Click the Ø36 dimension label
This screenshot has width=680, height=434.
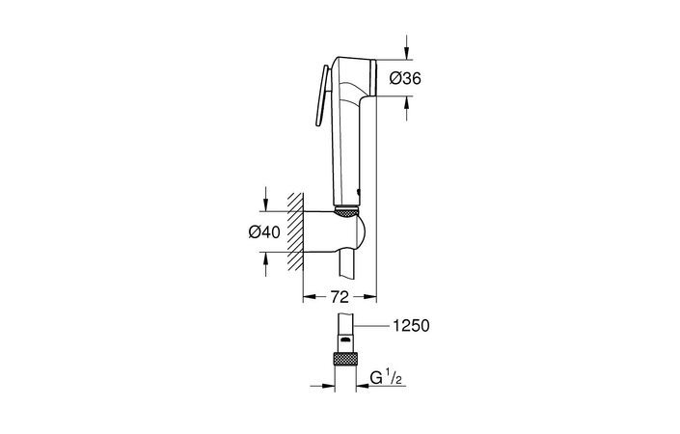(x=406, y=81)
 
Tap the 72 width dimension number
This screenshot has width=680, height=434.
(x=340, y=298)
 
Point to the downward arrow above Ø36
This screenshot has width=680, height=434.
(x=406, y=48)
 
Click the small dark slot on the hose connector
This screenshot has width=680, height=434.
(x=343, y=339)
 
